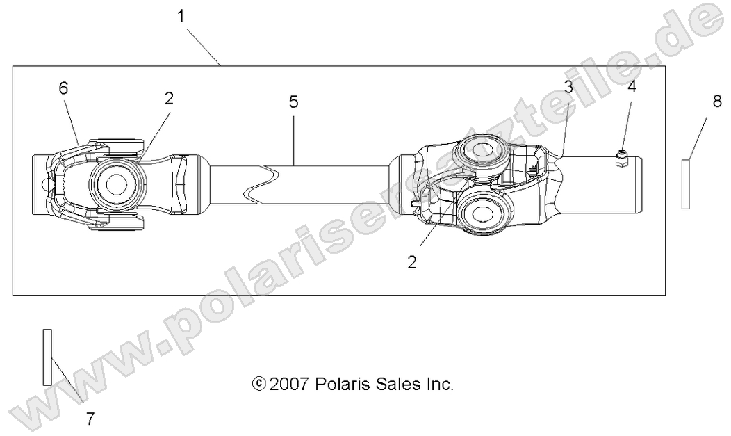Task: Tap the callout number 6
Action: click(x=63, y=88)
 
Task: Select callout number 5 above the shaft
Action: click(x=293, y=102)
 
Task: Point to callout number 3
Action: click(x=568, y=88)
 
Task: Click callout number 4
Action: click(x=632, y=87)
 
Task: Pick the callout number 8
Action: click(x=717, y=102)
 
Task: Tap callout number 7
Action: click(x=90, y=419)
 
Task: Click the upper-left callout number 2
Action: click(x=169, y=98)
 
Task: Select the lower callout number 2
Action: click(x=412, y=263)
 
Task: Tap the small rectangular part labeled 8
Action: click(x=685, y=184)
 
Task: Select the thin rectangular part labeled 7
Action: click(x=47, y=356)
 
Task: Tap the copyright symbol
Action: click(x=258, y=383)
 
